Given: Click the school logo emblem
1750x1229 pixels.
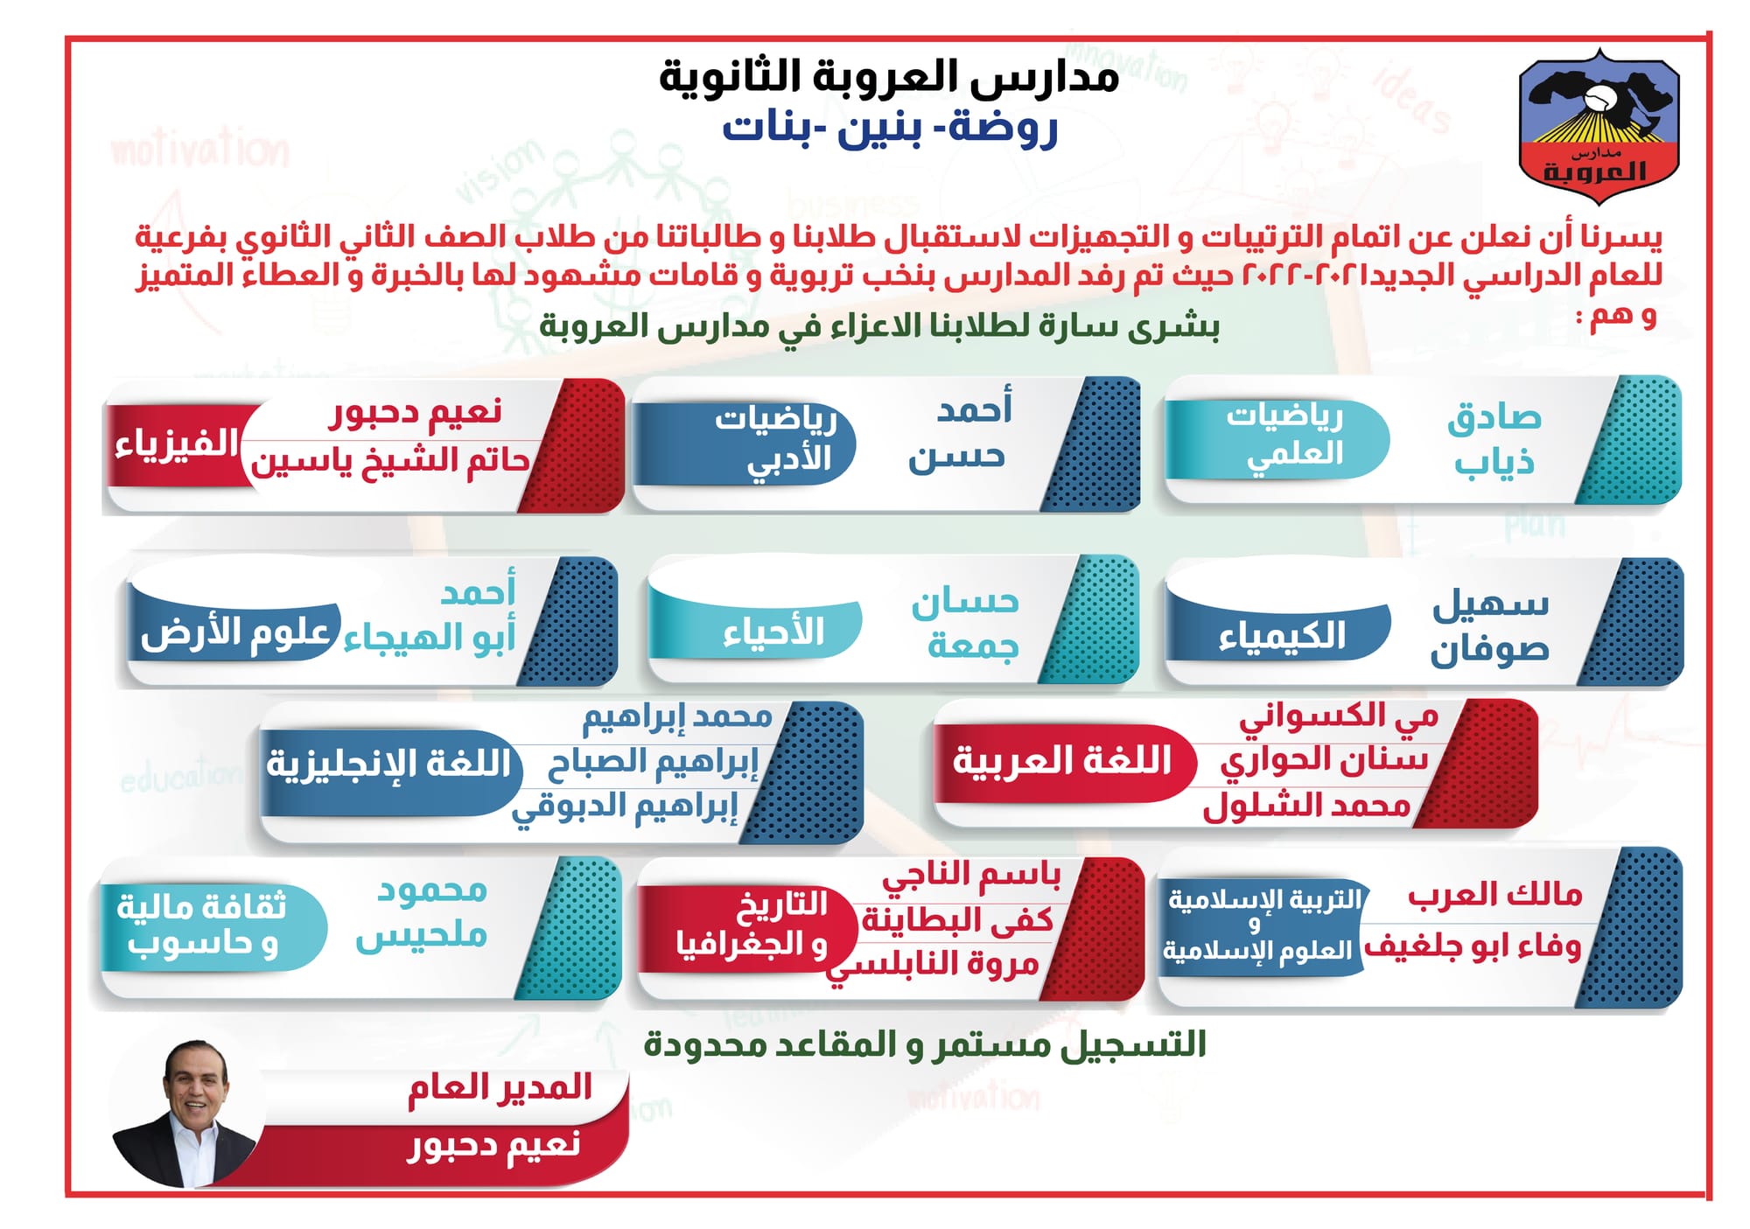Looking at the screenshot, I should (1599, 125).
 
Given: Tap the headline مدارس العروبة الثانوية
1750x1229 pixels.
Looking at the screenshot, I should (889, 77).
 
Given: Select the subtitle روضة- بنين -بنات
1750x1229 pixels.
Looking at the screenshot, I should (889, 129).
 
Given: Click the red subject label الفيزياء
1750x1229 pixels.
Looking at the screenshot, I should (176, 443).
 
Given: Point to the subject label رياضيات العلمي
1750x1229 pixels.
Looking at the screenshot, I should (1284, 435).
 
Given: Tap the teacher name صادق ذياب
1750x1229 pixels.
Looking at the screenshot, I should (1494, 439).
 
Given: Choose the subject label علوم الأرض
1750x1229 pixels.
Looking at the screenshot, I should (234, 632).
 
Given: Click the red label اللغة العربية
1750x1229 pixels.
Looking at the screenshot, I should (1061, 761).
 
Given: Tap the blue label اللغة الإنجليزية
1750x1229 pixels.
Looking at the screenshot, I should (388, 764).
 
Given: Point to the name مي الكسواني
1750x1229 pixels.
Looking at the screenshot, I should (1339, 718).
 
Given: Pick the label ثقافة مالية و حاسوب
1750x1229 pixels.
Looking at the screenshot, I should (203, 925).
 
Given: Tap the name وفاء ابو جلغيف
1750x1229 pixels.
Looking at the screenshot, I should (1473, 946).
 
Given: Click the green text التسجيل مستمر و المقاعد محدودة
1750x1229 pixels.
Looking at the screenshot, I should (925, 1044).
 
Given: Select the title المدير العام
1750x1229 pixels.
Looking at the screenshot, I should (500, 1088).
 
